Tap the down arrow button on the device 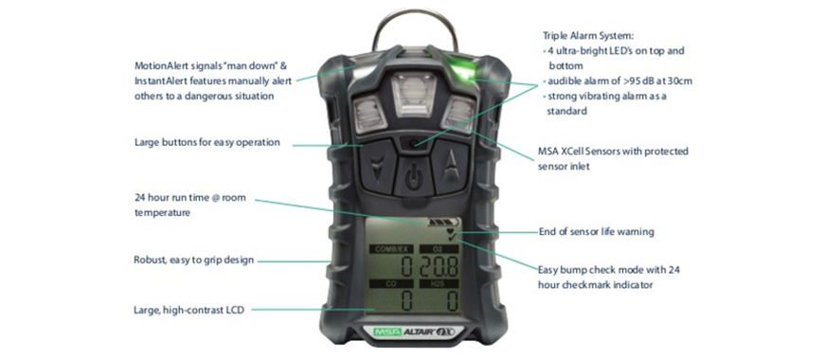pyautogui.click(x=378, y=166)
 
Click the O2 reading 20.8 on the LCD pyautogui.click(x=439, y=267)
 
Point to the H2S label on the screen pyautogui.click(x=439, y=284)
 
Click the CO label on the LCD pyautogui.click(x=390, y=284)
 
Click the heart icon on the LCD pyautogui.click(x=449, y=231)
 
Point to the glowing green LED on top pyautogui.click(x=458, y=67)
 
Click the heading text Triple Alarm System pyautogui.click(x=588, y=36)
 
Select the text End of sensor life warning pyautogui.click(x=597, y=232)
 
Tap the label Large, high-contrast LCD pyautogui.click(x=189, y=310)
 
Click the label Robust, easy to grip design pyautogui.click(x=194, y=260)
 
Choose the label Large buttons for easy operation pyautogui.click(x=207, y=142)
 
